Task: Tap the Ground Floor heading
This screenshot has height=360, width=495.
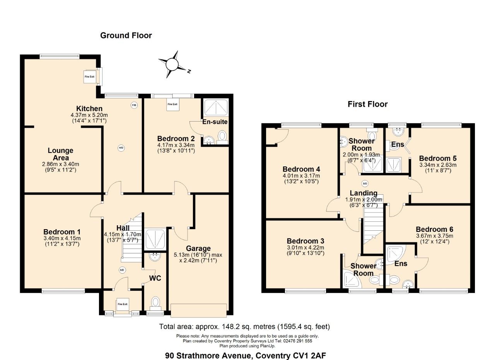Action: [126, 36]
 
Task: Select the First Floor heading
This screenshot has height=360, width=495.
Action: [367, 104]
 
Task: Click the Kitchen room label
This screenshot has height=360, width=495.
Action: [89, 109]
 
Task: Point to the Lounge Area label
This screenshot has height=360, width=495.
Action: [61, 154]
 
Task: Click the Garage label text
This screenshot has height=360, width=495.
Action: [198, 249]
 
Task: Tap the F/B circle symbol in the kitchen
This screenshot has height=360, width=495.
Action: [134, 105]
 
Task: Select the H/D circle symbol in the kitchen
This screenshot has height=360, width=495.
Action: [121, 147]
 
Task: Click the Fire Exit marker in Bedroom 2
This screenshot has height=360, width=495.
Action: [172, 105]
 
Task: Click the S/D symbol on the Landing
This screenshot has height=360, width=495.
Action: [364, 183]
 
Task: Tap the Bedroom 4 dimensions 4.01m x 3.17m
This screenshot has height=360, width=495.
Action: [301, 176]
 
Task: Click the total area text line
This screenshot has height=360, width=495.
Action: [244, 326]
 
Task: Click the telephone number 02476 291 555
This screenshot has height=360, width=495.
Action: [295, 341]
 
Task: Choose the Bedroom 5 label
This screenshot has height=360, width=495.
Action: [438, 158]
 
